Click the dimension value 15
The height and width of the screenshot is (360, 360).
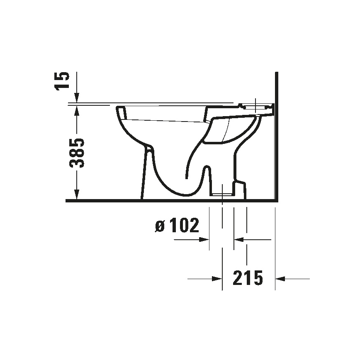pyautogui.click(x=63, y=81)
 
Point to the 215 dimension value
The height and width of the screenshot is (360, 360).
pyautogui.click(x=248, y=278)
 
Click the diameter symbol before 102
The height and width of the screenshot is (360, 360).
pyautogui.click(x=160, y=226)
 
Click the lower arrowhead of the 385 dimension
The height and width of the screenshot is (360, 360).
pyautogui.click(x=77, y=195)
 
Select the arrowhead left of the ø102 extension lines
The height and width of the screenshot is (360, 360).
pyautogui.click(x=204, y=239)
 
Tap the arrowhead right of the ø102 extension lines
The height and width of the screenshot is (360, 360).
pyautogui.click(x=238, y=239)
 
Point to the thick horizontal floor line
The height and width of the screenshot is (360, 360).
pyautogui.click(x=166, y=201)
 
